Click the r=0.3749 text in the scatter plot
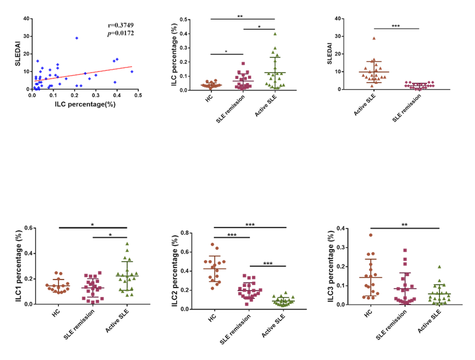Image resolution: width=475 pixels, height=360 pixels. tap(122, 25)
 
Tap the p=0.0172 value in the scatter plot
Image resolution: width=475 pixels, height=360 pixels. tap(122, 33)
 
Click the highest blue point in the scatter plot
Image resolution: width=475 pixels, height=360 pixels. tap(77, 38)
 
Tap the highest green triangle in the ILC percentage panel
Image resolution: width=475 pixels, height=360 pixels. tap(274, 34)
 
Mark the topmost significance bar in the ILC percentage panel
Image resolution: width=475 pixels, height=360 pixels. tap(243, 19)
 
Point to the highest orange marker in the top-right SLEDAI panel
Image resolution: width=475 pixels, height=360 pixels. tap(374, 38)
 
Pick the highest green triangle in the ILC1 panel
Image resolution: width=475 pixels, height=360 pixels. tap(127, 243)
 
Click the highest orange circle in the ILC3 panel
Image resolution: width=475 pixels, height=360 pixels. tap(371, 235)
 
